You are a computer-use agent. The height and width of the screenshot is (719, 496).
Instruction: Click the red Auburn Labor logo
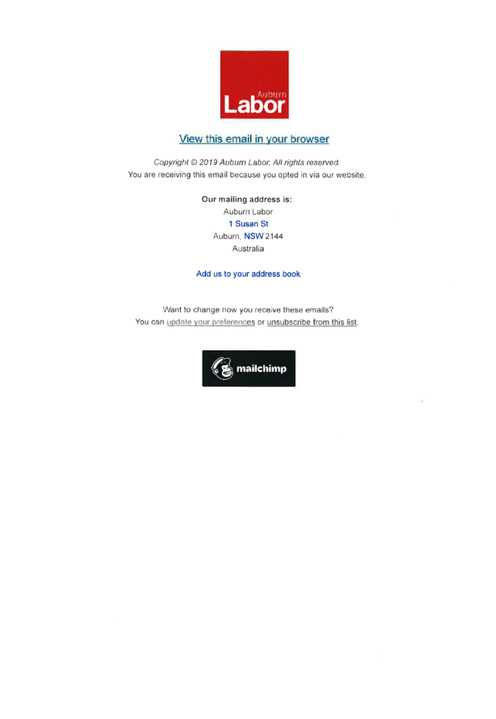254,84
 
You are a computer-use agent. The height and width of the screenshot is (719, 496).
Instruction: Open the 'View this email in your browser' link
254,139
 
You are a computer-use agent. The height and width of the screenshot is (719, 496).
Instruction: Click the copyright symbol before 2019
194,163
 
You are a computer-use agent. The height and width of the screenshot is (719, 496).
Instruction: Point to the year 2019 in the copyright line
208,163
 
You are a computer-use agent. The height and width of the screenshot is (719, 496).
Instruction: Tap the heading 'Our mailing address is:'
247,199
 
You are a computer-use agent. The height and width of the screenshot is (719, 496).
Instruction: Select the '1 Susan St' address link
249,224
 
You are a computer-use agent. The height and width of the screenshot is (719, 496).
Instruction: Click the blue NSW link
254,236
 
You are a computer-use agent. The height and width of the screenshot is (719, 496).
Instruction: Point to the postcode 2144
274,236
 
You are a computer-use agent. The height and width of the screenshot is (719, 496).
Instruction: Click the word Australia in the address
248,249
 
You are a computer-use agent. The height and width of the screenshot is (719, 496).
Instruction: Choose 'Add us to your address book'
249,274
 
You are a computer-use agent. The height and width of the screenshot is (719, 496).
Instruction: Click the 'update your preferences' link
211,322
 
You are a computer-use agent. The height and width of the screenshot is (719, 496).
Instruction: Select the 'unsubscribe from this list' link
312,322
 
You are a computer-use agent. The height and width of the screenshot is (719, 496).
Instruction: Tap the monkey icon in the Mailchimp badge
222,368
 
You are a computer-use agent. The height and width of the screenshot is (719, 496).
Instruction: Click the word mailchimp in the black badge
261,369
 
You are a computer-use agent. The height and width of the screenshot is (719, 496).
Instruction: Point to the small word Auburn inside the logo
272,94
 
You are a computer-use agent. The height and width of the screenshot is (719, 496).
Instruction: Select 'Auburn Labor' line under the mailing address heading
248,211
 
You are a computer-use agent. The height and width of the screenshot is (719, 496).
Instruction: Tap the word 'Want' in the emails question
173,310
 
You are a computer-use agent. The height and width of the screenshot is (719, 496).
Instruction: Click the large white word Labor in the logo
254,105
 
